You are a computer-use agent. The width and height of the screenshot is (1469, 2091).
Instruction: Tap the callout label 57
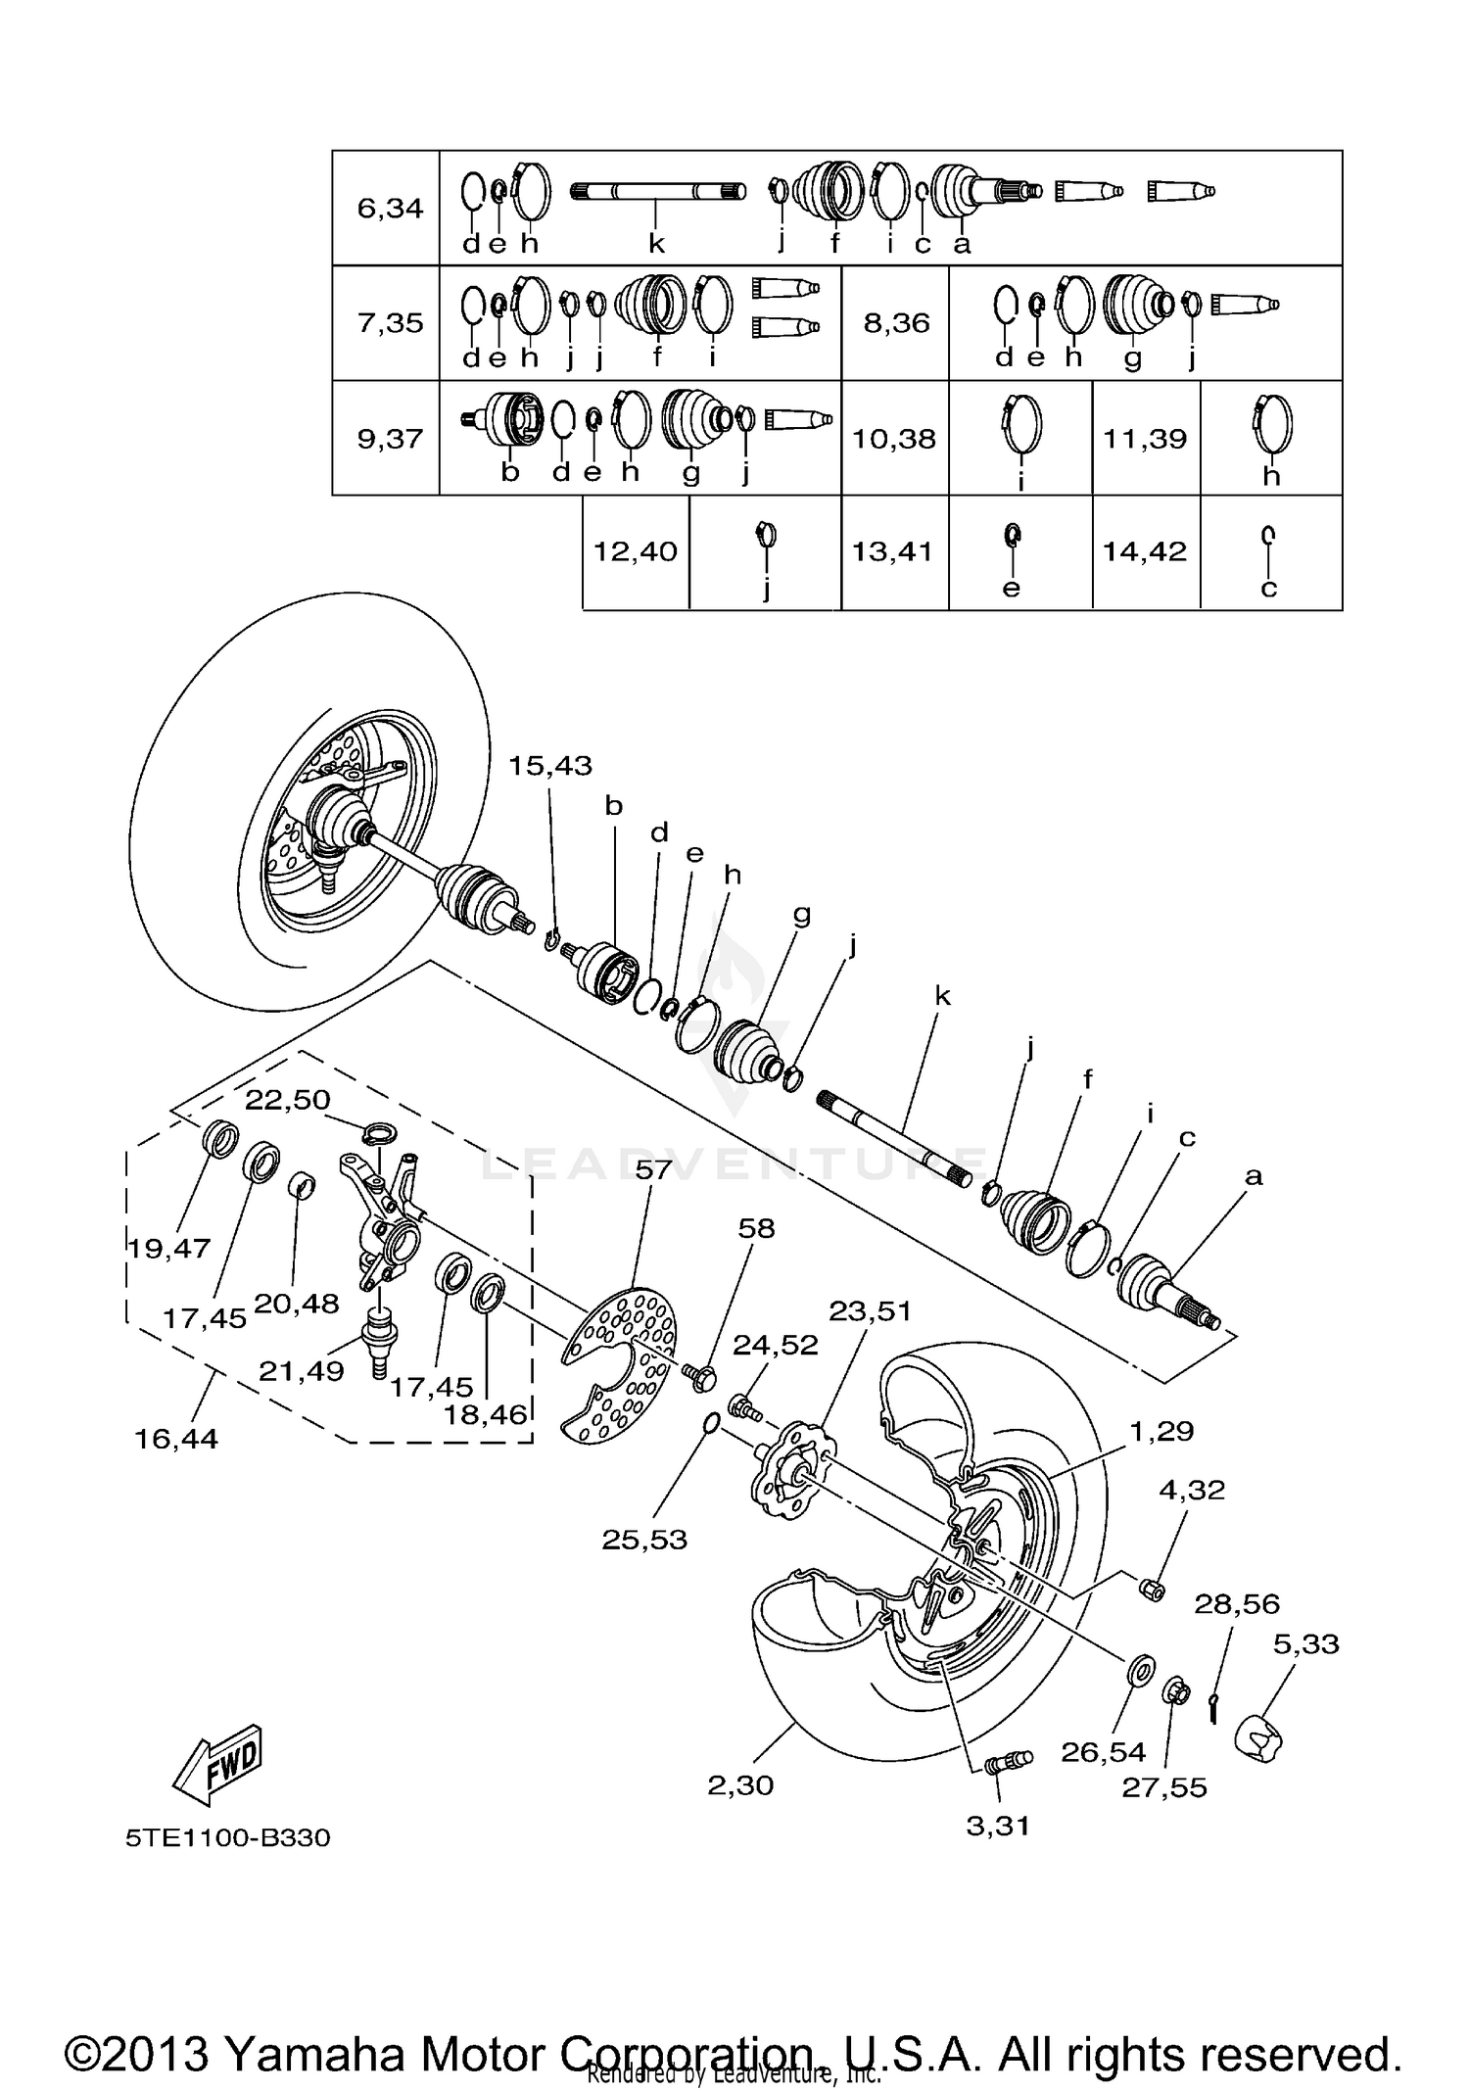[653, 1169]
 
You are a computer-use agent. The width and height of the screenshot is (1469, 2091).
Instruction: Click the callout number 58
[756, 1228]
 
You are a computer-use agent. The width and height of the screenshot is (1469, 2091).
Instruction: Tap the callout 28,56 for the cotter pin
[1236, 1603]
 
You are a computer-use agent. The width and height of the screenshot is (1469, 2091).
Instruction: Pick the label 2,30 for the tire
[740, 1784]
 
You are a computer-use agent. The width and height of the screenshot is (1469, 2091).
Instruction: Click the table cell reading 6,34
[390, 209]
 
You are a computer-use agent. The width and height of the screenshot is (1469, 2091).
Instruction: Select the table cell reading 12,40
[636, 551]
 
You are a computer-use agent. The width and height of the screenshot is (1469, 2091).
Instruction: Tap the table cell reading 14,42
[1145, 551]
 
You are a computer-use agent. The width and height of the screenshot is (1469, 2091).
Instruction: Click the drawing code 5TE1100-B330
[227, 1837]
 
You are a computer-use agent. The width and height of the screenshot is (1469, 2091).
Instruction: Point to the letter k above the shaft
[942, 996]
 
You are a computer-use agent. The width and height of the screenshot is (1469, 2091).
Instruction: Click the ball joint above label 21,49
[380, 1331]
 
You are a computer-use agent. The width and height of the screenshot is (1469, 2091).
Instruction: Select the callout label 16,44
[176, 1439]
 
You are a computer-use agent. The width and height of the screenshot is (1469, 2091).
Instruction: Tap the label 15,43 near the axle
[549, 766]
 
